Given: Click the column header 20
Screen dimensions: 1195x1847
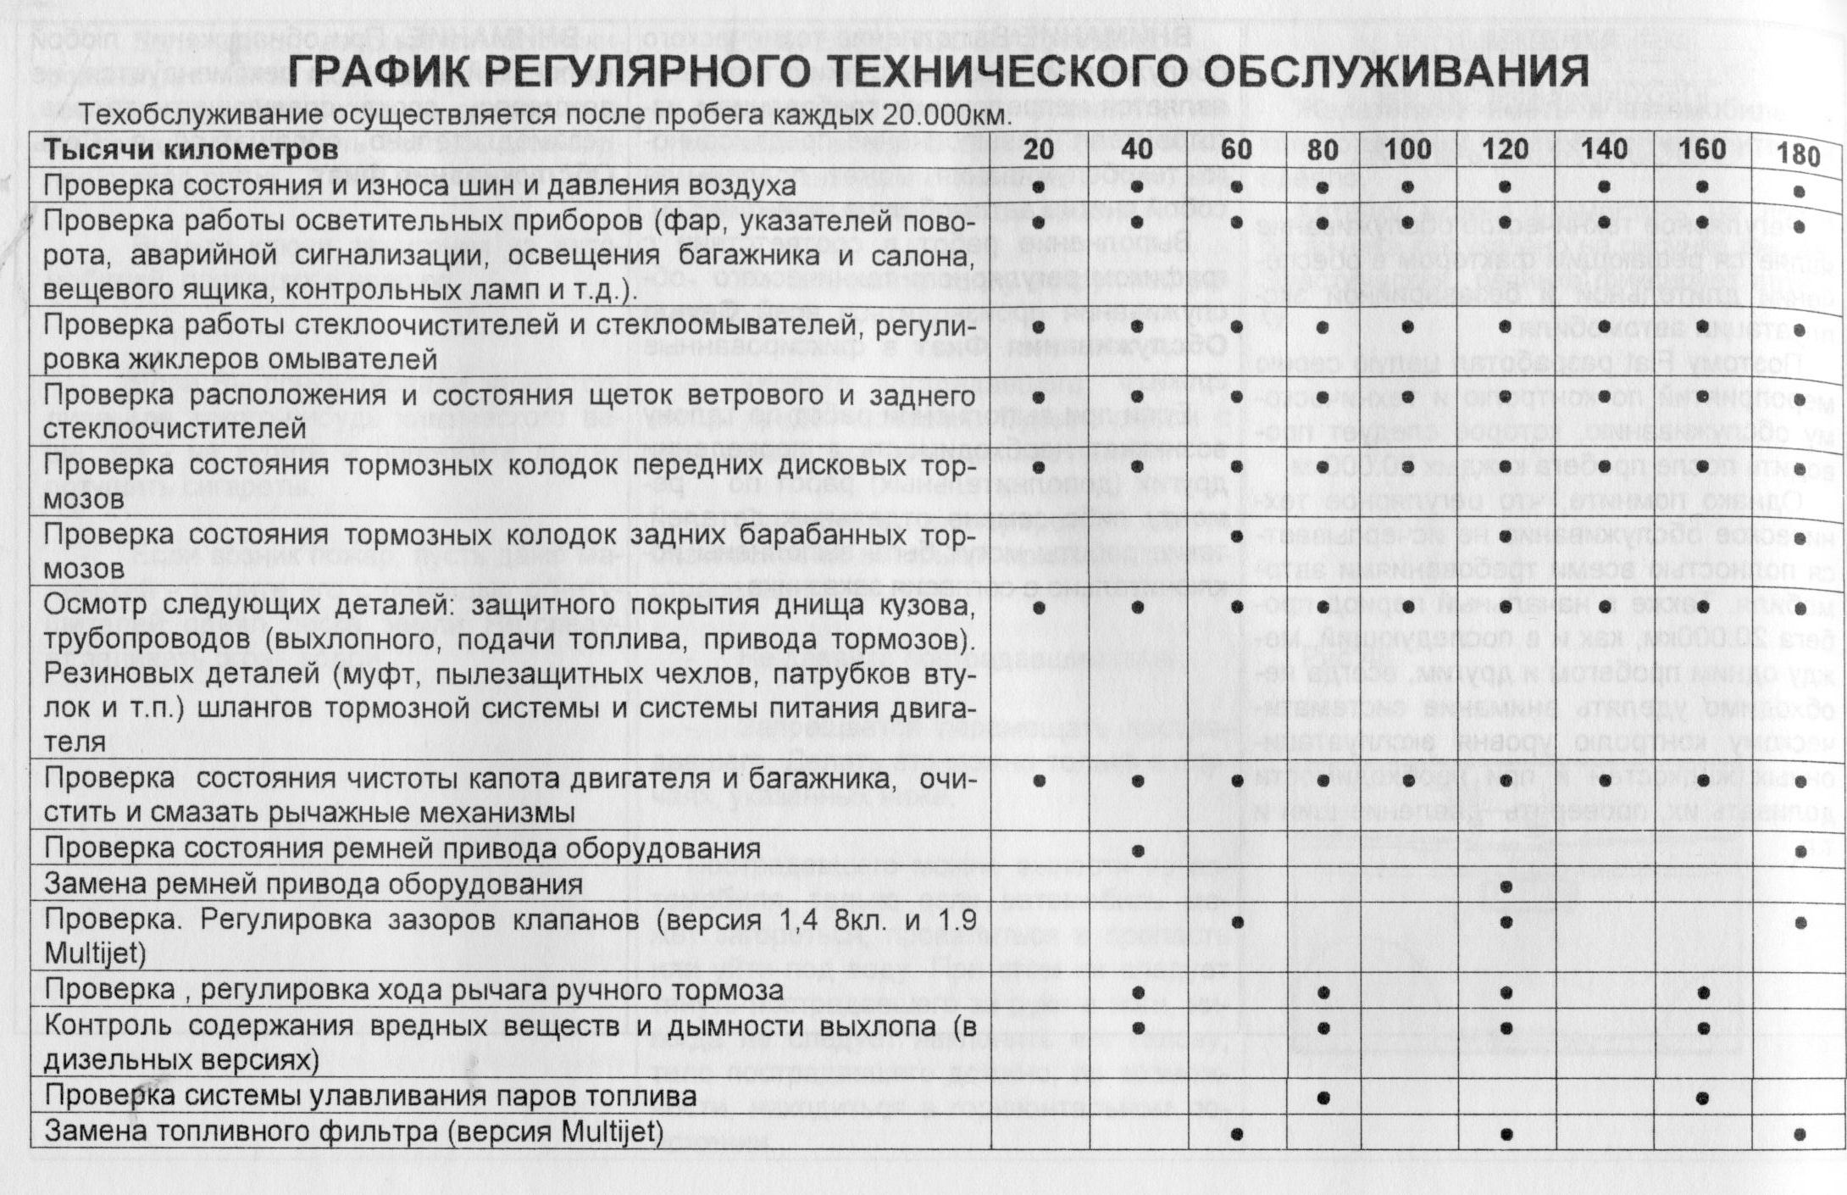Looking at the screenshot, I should click(1039, 150).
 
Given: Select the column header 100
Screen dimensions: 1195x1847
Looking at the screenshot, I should click(1407, 150).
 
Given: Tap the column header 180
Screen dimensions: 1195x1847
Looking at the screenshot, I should click(1798, 155).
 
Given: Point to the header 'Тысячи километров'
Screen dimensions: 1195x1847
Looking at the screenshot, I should click(191, 150).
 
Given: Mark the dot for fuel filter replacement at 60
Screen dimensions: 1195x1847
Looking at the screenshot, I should click(1236, 1132).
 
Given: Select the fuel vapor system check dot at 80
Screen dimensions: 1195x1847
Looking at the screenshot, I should click(1323, 1098).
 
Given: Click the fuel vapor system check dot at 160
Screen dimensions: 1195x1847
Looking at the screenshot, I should click(1703, 1098).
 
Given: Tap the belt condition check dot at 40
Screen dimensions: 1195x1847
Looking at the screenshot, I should click(1138, 850).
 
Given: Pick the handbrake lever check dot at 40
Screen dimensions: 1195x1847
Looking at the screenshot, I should click(1138, 992).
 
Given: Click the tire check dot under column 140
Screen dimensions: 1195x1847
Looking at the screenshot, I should click(1604, 186).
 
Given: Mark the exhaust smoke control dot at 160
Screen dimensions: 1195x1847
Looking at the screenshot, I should click(1703, 1028).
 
